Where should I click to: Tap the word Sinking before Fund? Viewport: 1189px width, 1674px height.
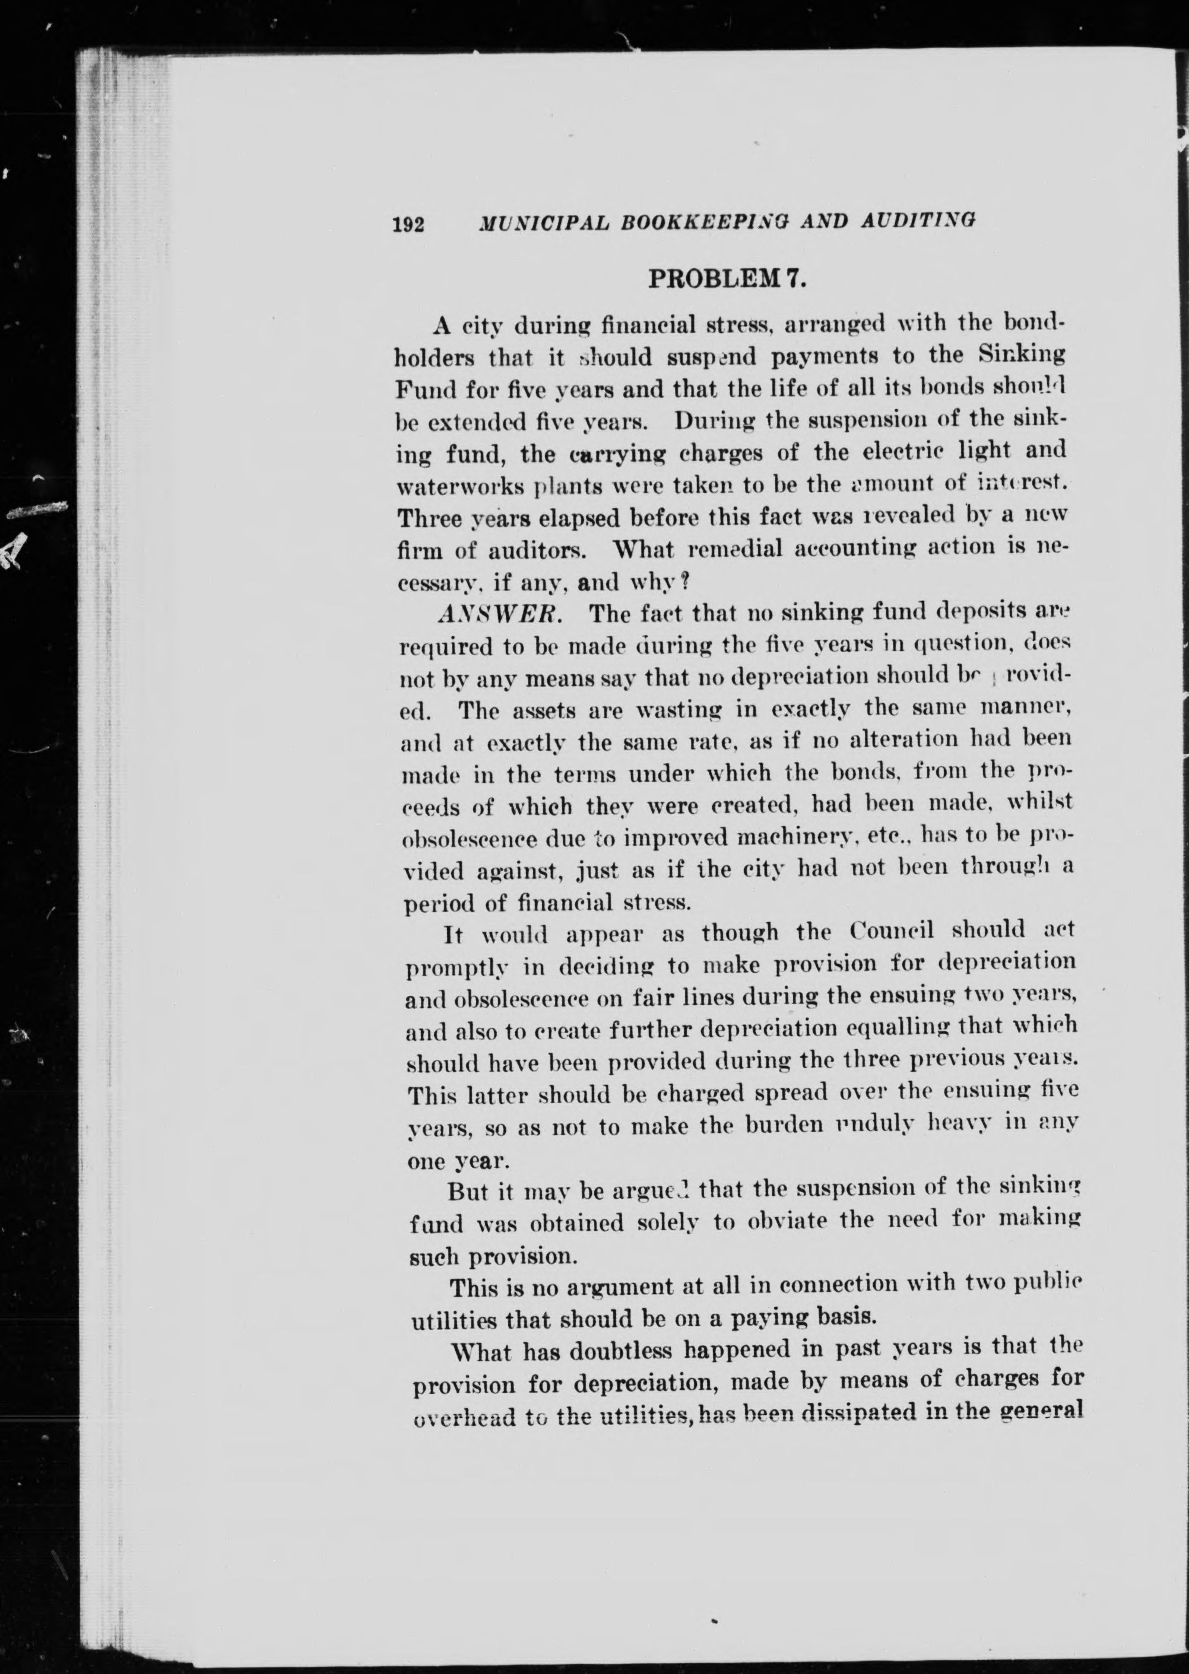(x=1022, y=354)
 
